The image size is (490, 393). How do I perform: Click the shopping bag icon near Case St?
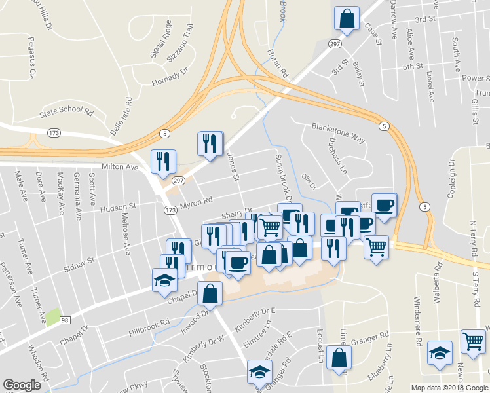347,18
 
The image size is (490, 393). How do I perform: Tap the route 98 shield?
64,320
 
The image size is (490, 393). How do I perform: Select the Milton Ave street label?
120,167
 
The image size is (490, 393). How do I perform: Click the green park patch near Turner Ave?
53,316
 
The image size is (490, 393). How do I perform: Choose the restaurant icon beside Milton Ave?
162,161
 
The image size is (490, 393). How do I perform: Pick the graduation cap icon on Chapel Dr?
164,280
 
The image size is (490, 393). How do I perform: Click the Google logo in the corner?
22,384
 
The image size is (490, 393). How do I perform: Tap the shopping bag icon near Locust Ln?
339,357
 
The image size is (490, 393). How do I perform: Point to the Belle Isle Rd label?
122,117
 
